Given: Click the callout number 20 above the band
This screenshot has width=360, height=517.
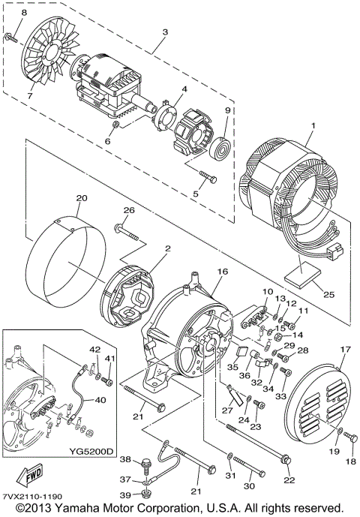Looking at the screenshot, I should coord(82,198).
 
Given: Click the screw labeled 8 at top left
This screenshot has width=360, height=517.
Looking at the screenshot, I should coord(14,35).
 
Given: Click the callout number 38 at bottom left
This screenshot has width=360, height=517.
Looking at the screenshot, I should coord(125,460).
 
